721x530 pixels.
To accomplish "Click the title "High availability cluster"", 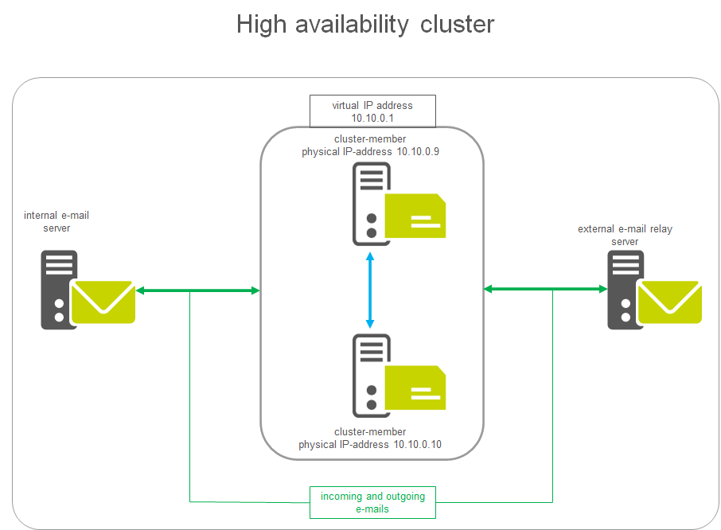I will (365, 25).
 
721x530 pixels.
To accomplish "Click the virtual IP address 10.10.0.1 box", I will (372, 111).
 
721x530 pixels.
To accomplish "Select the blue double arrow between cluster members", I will (370, 290).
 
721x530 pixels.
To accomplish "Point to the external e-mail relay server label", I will (625, 236).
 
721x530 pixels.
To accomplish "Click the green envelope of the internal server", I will (103, 302).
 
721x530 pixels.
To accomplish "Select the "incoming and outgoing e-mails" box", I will (372, 502).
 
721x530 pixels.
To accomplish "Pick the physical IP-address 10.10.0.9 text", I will (371, 151).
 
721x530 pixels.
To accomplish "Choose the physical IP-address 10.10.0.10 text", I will (370, 444).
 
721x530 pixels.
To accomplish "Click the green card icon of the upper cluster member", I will (415, 216).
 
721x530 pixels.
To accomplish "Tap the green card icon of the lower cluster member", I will (415, 388).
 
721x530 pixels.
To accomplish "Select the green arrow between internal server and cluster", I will (198, 291).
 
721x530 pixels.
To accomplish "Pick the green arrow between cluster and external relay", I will (545, 289).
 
